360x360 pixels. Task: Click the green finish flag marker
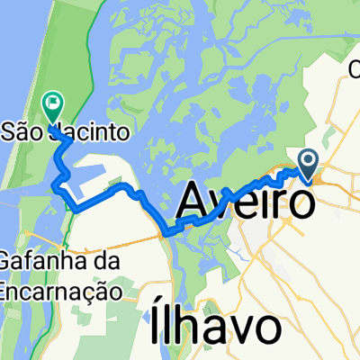[x=50, y=105]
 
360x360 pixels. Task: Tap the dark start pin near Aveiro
[x=307, y=164]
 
